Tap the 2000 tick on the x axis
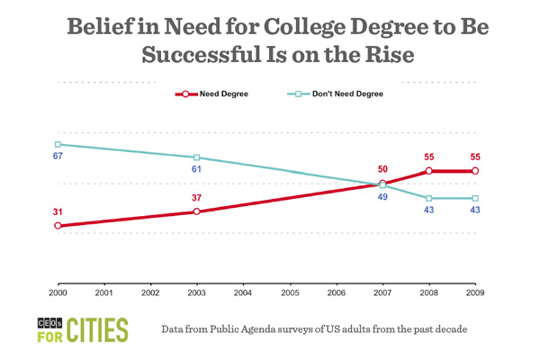point(58,293)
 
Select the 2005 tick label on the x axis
point(290,293)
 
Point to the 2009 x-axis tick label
point(475,293)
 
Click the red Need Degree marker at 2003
point(197,211)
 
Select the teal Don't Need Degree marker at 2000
point(58,144)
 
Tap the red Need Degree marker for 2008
point(429,170)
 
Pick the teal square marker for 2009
point(475,198)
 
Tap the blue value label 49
point(382,198)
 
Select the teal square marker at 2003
point(197,157)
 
